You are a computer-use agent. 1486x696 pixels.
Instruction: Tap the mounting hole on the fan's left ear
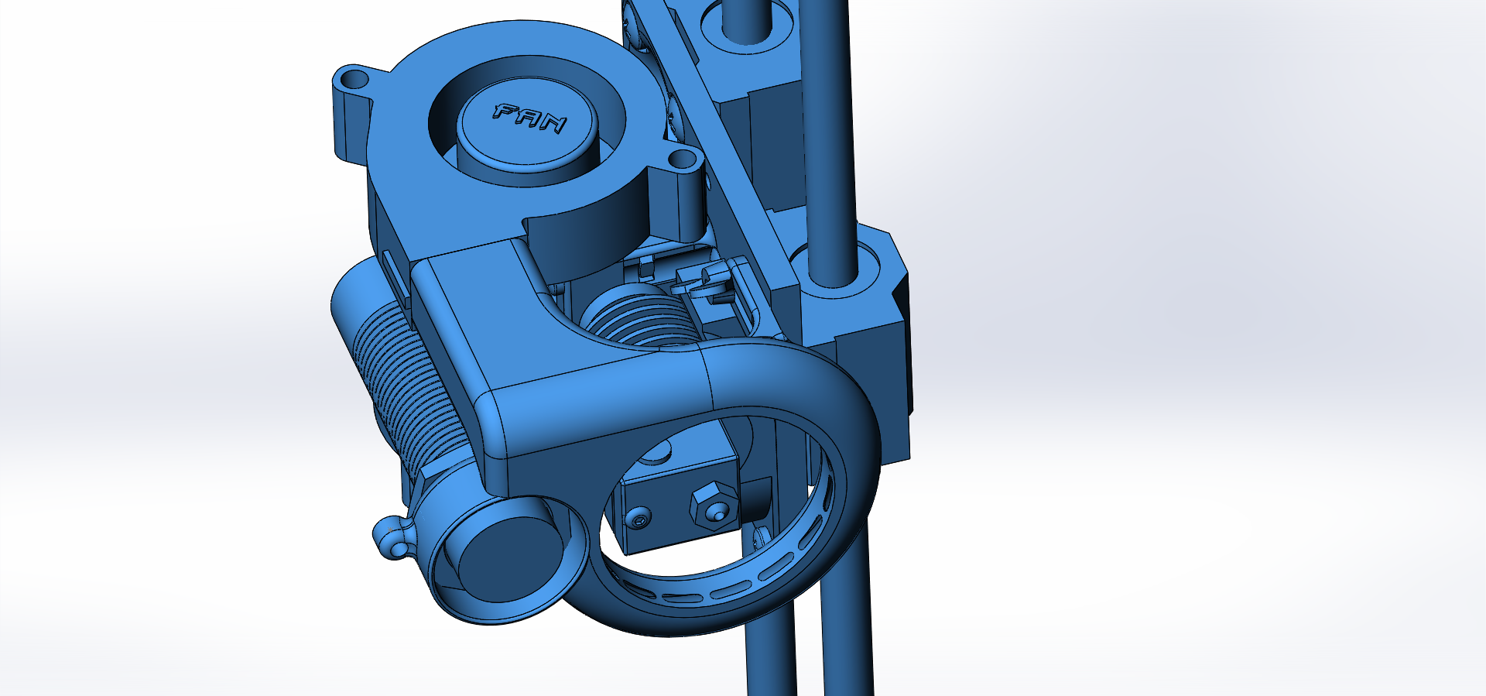354,79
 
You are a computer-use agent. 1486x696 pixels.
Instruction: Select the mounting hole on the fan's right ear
682,161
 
